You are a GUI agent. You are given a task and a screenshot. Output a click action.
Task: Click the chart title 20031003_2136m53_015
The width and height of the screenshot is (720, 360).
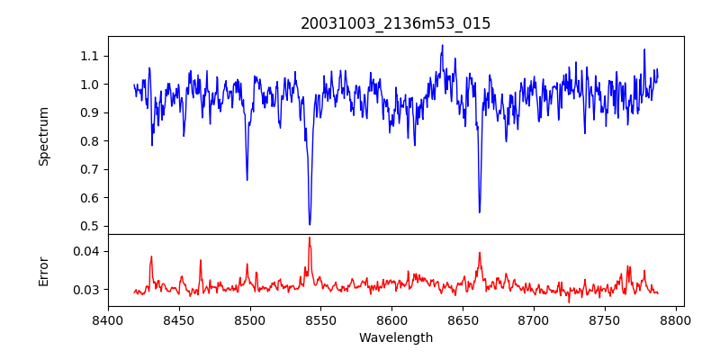(396, 23)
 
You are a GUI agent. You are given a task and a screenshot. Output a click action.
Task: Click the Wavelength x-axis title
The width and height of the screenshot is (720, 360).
(396, 338)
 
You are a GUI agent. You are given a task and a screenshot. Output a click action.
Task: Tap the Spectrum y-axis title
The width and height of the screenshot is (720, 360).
(44, 136)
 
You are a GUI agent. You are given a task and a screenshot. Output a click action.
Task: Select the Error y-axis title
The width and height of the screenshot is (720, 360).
(44, 271)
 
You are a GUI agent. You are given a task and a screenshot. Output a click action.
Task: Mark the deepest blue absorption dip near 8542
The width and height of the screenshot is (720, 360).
(310, 224)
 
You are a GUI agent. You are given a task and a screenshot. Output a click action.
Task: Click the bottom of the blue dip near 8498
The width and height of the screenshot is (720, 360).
(247, 180)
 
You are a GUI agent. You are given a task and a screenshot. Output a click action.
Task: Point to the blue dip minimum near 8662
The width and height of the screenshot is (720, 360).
(480, 212)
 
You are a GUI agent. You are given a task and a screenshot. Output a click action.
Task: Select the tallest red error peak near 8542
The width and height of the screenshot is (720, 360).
(309, 238)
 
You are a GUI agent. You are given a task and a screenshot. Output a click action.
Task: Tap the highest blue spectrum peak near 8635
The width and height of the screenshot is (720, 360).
(442, 45)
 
